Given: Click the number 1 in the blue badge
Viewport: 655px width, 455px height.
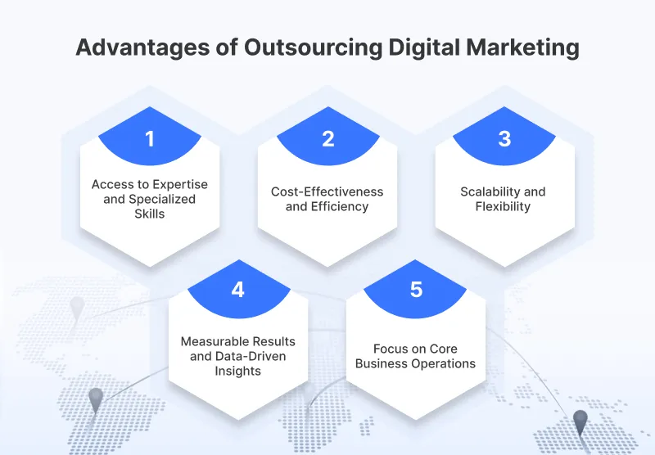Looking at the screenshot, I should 150,139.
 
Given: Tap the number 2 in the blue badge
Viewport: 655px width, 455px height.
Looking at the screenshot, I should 327,139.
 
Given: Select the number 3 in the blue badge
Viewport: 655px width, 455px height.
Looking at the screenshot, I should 504,139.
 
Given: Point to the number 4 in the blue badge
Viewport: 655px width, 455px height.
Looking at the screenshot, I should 238,290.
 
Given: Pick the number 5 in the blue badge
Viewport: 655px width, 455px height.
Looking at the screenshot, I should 416,290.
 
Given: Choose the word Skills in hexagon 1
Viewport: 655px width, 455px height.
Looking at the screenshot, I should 150,214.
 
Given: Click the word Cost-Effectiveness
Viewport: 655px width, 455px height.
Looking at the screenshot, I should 327,191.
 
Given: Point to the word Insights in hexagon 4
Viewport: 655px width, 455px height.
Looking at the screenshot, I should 238,371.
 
